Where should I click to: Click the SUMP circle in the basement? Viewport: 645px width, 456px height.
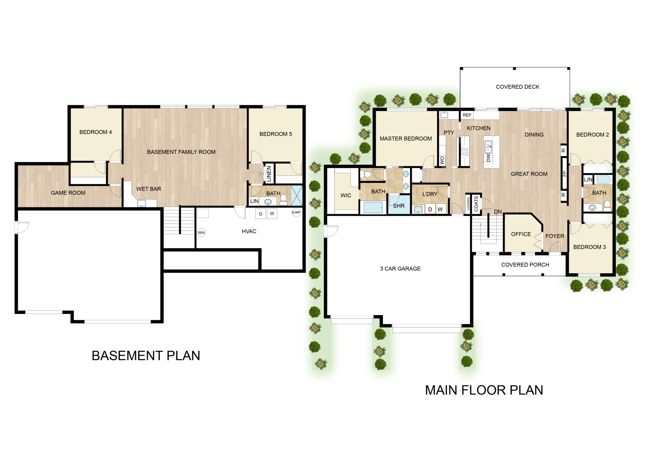click(296, 212)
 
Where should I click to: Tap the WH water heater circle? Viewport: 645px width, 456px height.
click(201, 233)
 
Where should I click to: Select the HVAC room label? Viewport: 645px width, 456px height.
click(249, 231)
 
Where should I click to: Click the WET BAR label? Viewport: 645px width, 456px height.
click(149, 189)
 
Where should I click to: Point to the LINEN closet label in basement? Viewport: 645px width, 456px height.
click(269, 174)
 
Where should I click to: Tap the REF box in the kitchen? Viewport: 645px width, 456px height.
click(467, 115)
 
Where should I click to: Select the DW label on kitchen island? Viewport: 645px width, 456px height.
click(488, 157)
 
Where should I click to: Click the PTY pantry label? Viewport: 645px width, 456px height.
click(449, 133)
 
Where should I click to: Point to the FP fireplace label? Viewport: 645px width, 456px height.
click(564, 174)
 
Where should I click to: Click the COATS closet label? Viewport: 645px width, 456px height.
click(476, 204)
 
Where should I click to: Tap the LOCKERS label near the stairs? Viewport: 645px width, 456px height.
click(468, 204)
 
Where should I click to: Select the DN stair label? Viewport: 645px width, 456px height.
click(498, 212)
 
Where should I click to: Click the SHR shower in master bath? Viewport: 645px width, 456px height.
click(399, 206)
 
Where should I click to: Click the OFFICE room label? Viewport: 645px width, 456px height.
click(521, 234)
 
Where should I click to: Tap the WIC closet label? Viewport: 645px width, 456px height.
click(346, 195)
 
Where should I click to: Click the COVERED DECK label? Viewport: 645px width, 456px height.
click(517, 87)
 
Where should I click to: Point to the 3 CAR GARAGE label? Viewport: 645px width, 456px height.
click(400, 269)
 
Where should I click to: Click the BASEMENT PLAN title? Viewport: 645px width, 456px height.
click(146, 356)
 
